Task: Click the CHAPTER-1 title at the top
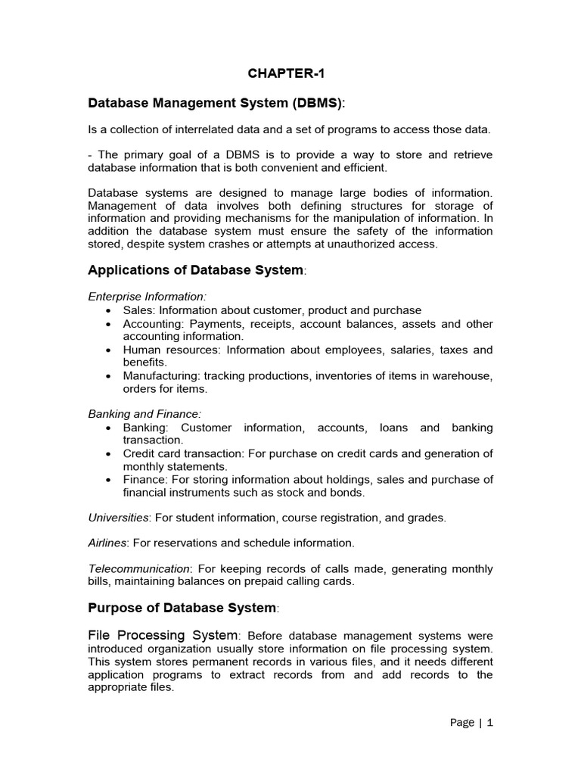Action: pos(290,74)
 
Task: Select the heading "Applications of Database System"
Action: pos(196,270)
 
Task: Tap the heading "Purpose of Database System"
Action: pos(182,608)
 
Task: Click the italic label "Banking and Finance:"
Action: pos(145,414)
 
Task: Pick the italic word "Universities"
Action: pos(118,518)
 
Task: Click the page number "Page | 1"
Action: pos(471,723)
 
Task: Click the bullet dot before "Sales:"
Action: pos(110,310)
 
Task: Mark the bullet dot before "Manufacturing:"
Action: pos(110,376)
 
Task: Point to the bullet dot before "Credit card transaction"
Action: pos(110,454)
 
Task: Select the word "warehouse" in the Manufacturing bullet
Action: pos(464,376)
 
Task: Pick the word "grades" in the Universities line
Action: pos(427,518)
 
